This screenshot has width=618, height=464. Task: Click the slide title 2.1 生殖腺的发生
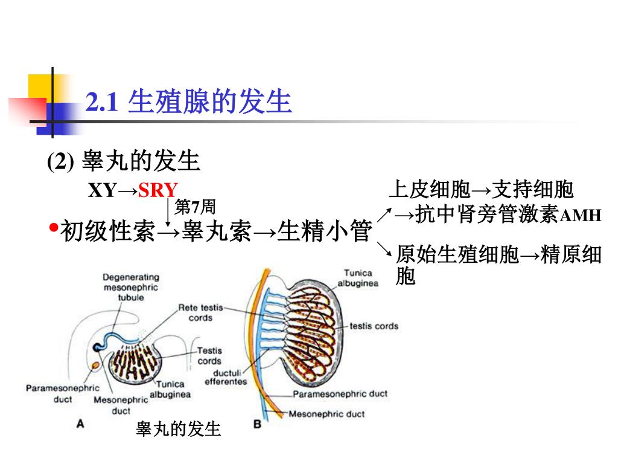(189, 102)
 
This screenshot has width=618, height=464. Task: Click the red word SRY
(158, 190)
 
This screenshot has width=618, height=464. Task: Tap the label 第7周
(194, 207)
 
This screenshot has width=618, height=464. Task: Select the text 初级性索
(108, 232)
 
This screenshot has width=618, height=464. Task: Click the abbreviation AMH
(581, 216)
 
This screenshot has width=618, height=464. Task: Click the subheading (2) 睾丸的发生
(124, 161)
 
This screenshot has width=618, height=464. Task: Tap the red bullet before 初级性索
(53, 228)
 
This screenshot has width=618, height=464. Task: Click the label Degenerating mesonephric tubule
(130, 288)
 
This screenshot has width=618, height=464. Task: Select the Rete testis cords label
(200, 312)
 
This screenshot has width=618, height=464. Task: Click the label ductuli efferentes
(226, 377)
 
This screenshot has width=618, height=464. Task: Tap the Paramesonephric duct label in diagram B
(340, 394)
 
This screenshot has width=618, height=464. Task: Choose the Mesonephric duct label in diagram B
(327, 414)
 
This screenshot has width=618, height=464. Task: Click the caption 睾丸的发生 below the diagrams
(179, 430)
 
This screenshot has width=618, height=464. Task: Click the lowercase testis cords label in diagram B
(374, 326)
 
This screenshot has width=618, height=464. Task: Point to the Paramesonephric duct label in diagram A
(62, 393)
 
